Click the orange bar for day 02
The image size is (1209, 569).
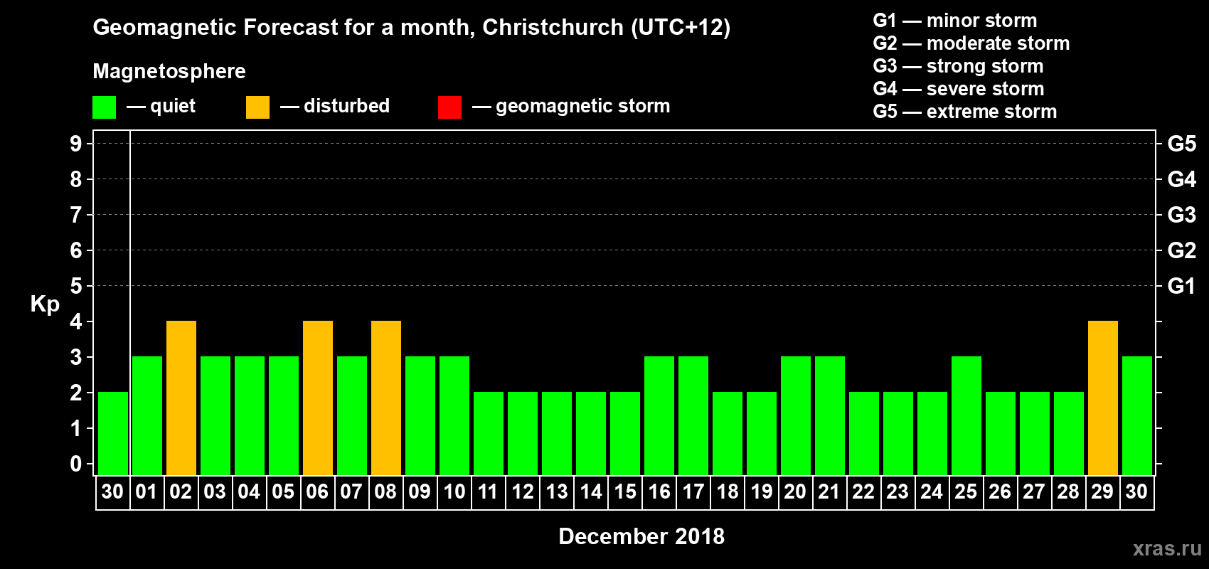(x=181, y=398)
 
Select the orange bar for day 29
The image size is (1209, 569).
(x=1103, y=398)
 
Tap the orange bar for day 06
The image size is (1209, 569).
(x=318, y=398)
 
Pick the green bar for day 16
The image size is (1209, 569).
(x=659, y=416)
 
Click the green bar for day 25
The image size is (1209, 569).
(x=966, y=416)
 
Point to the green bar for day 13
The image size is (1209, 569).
(x=557, y=434)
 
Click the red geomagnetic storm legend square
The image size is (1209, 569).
(x=449, y=107)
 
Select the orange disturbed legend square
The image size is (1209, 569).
(x=257, y=107)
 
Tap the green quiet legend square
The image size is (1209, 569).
(x=104, y=107)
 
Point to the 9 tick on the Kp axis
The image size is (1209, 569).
(x=76, y=144)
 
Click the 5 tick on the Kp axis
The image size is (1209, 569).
(x=76, y=286)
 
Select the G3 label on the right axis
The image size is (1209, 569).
(x=1181, y=215)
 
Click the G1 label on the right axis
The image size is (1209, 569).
(x=1181, y=286)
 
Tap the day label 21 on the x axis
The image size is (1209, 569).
(x=829, y=491)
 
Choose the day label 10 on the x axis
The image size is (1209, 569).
(x=454, y=491)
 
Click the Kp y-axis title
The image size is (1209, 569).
(x=45, y=304)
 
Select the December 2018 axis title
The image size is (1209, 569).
(x=641, y=536)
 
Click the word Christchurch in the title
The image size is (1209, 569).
(x=553, y=28)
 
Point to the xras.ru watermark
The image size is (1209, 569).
(x=1167, y=548)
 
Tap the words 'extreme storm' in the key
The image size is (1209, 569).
(x=991, y=112)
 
